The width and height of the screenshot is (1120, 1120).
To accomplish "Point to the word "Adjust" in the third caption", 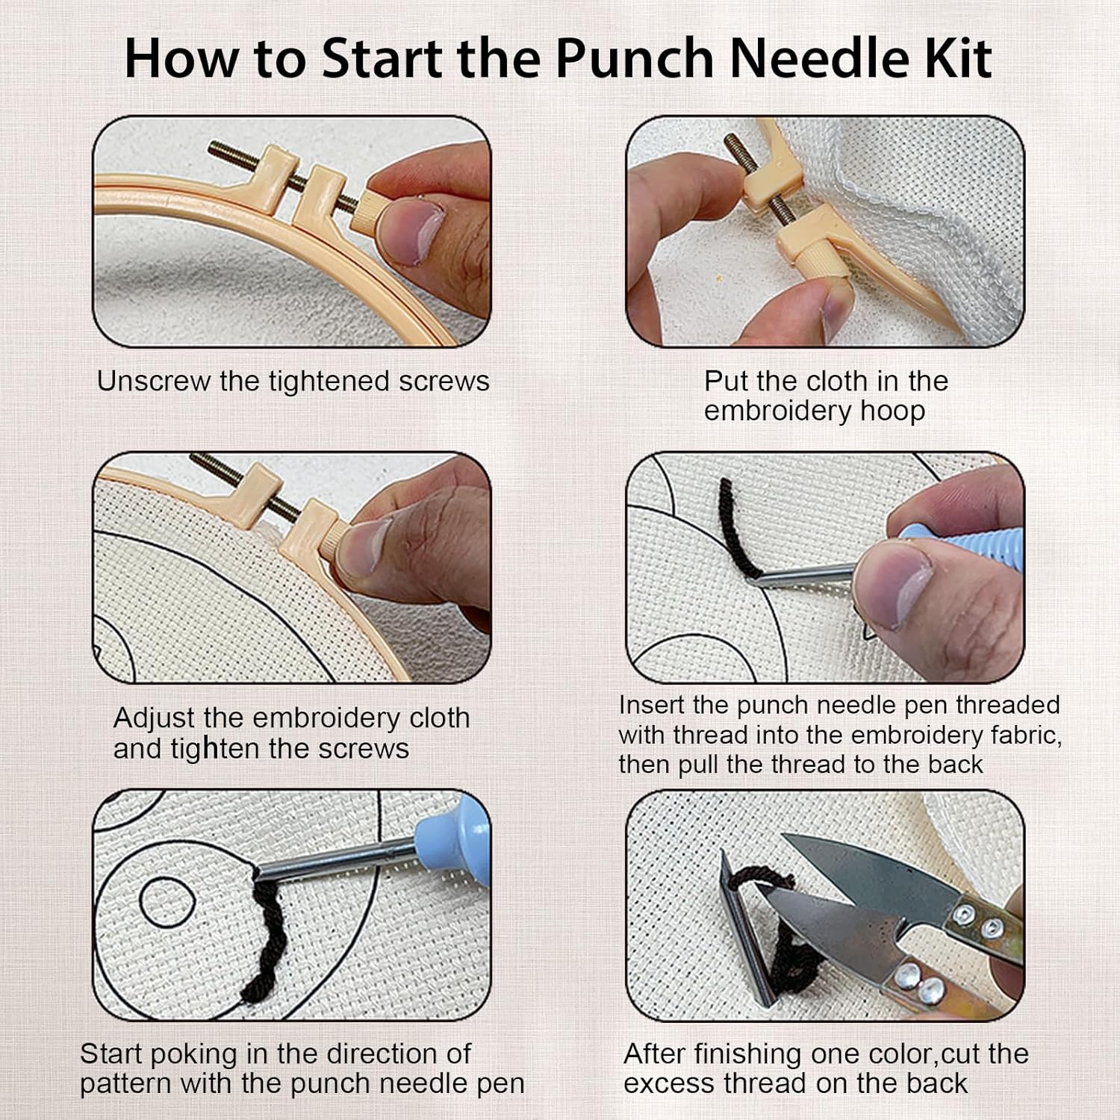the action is pyautogui.click(x=155, y=718).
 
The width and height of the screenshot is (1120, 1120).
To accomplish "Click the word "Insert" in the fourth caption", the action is pyautogui.click(x=652, y=705).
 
